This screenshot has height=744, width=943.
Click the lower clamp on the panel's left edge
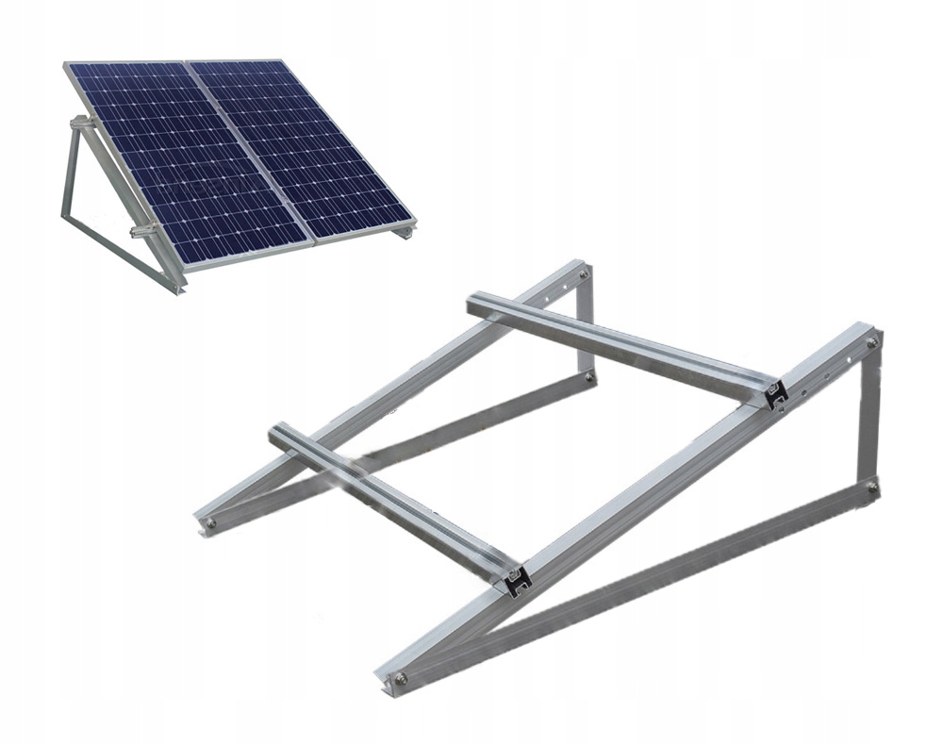141,230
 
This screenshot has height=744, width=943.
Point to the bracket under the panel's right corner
405,230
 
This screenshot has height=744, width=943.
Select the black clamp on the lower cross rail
516,582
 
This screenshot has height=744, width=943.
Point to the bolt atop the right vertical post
873,342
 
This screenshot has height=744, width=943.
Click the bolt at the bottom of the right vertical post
872,488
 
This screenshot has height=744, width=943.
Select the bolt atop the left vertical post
585,274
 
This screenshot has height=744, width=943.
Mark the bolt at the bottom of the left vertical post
589,376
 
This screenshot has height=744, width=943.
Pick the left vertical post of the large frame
586,325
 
